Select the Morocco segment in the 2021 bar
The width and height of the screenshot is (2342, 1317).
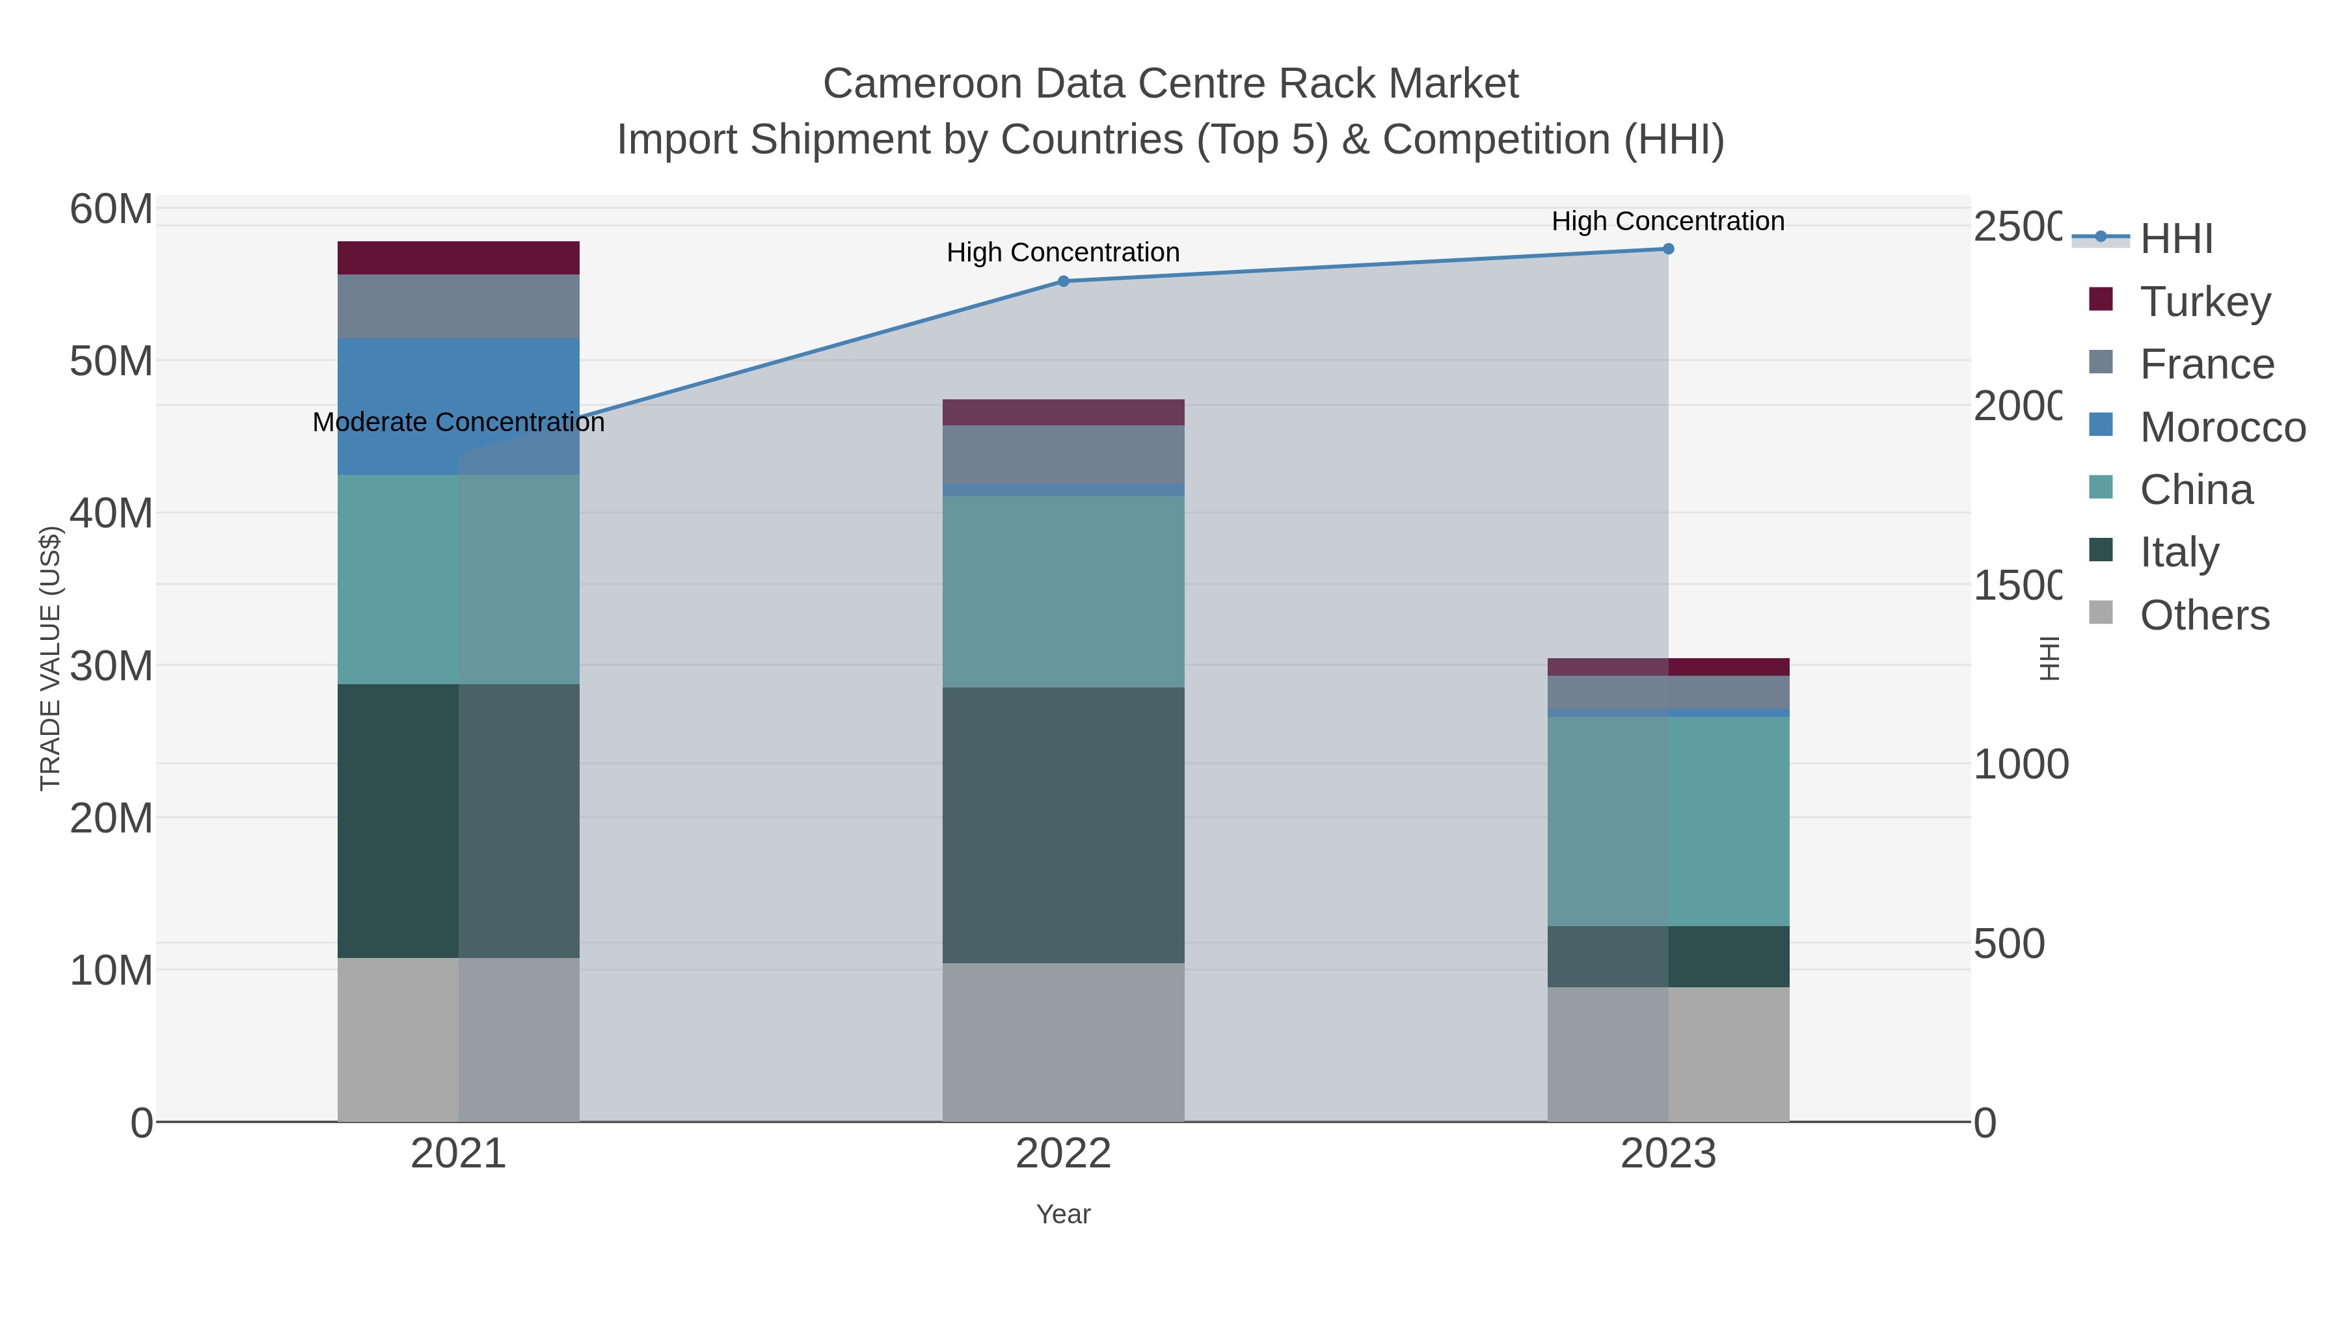point(458,382)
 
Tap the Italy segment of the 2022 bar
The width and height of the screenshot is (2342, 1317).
point(1063,825)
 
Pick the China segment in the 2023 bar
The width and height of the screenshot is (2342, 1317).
point(1668,821)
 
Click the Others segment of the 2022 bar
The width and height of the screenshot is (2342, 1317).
point(1063,1042)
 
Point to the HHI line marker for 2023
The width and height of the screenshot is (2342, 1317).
point(1668,248)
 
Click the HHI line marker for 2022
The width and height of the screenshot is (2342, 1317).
point(1063,281)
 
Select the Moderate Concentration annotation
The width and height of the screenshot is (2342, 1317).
point(458,421)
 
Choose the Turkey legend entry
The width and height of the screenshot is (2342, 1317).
point(2205,301)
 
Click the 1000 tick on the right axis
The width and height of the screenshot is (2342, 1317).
point(2020,764)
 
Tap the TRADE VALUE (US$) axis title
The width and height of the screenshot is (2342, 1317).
point(50,658)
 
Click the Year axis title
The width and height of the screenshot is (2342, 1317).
point(1063,1214)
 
